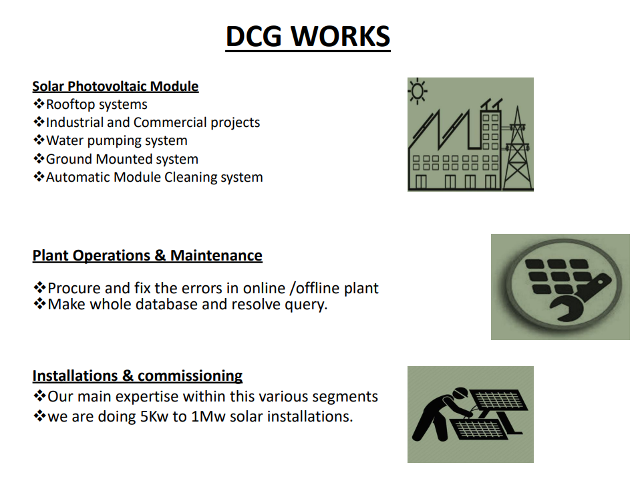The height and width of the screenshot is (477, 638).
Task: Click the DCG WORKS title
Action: (x=308, y=37)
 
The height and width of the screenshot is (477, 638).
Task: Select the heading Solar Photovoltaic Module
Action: (x=116, y=86)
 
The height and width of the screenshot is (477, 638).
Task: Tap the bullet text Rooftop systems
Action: (x=97, y=105)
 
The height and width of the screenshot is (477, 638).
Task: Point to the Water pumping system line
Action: (x=117, y=141)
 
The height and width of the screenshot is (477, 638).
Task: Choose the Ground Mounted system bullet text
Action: (x=122, y=159)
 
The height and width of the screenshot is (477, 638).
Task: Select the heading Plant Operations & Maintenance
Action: (x=147, y=256)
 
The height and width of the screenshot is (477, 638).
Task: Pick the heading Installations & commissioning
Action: (x=138, y=375)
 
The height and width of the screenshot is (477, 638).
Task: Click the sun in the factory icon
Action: (x=417, y=91)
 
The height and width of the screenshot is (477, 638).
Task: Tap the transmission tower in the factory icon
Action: (x=518, y=148)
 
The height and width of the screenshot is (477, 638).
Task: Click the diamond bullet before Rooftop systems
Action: (x=39, y=104)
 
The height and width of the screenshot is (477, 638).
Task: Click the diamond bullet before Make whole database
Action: (x=39, y=304)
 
